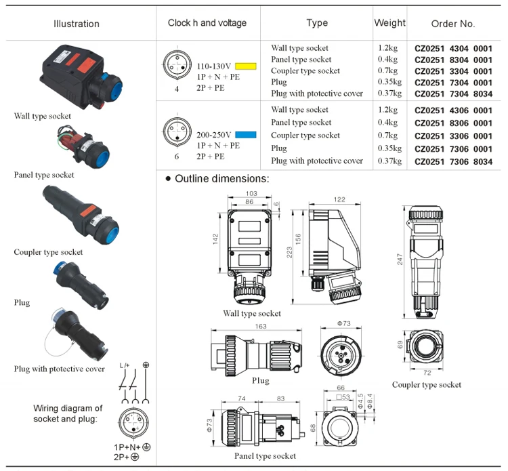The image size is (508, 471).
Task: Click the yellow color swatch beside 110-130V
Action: pos(245,67)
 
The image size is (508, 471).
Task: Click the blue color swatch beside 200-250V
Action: pos(245,135)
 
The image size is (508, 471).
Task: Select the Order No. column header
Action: pos(453,24)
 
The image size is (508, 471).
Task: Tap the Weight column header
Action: pos(390,23)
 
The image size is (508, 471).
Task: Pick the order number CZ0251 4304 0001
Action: pos(453,49)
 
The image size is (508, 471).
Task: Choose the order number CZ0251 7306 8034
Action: pos(453,162)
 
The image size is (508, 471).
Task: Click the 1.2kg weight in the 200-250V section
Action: pos(388,110)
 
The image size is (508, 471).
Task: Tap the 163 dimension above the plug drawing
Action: pos(260,326)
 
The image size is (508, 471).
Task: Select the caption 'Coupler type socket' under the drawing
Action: pos(427,385)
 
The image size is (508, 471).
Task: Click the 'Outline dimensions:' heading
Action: pos(221,180)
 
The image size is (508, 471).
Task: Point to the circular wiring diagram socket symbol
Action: pos(133,425)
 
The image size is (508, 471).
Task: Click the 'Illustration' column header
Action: pos(77,24)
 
